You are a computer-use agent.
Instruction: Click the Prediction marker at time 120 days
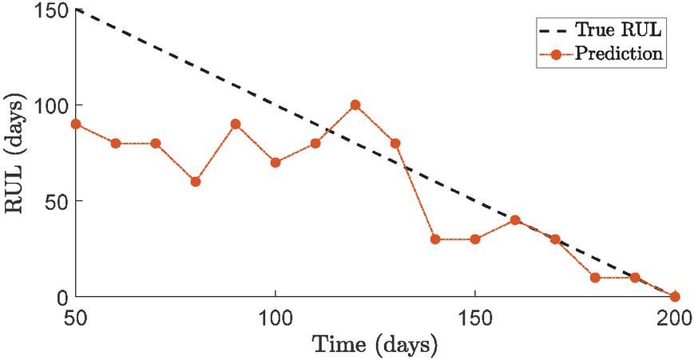click(x=355, y=105)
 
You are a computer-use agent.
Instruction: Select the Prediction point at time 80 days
click(x=196, y=181)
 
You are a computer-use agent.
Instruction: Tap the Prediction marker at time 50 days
click(x=76, y=124)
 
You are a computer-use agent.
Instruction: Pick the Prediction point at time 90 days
click(x=236, y=124)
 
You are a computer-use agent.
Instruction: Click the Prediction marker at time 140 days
click(x=435, y=239)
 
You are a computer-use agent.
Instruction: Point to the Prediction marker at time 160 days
click(x=515, y=220)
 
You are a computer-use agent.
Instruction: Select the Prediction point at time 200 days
click(x=675, y=296)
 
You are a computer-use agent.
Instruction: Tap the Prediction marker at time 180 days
click(x=595, y=277)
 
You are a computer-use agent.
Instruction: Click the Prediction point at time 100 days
click(x=276, y=162)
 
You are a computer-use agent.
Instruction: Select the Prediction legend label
click(x=625, y=54)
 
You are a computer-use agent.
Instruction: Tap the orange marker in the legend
click(x=557, y=54)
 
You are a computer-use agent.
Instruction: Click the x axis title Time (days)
click(x=375, y=346)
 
